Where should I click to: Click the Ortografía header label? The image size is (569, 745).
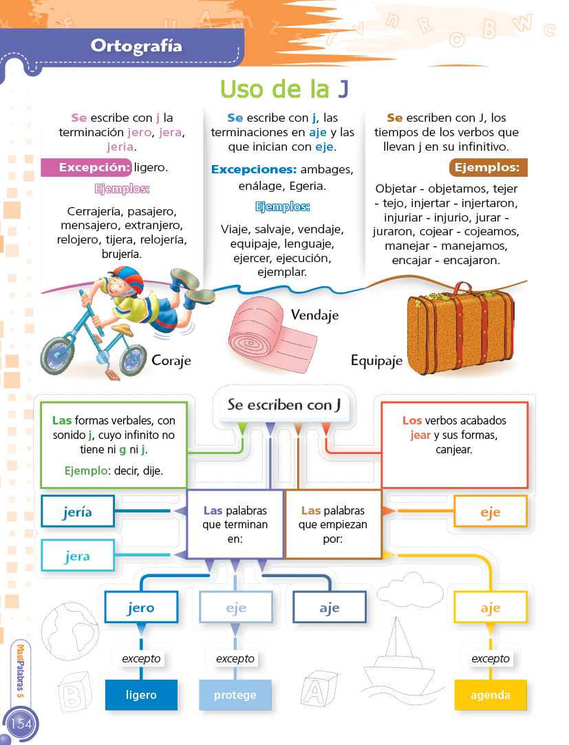(136, 46)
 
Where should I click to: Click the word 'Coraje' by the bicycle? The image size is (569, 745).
(171, 360)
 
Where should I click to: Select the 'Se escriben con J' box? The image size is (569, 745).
(284, 405)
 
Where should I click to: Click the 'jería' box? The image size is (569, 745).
(77, 512)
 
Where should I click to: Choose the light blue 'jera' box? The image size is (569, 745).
(77, 556)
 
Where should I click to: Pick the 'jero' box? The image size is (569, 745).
(141, 607)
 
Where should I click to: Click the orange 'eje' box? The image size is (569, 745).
(491, 512)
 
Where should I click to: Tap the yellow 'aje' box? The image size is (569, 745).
(491, 607)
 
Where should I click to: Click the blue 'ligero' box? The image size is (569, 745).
(141, 695)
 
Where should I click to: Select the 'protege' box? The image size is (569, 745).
(235, 695)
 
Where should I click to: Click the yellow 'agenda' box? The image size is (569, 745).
(491, 695)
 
